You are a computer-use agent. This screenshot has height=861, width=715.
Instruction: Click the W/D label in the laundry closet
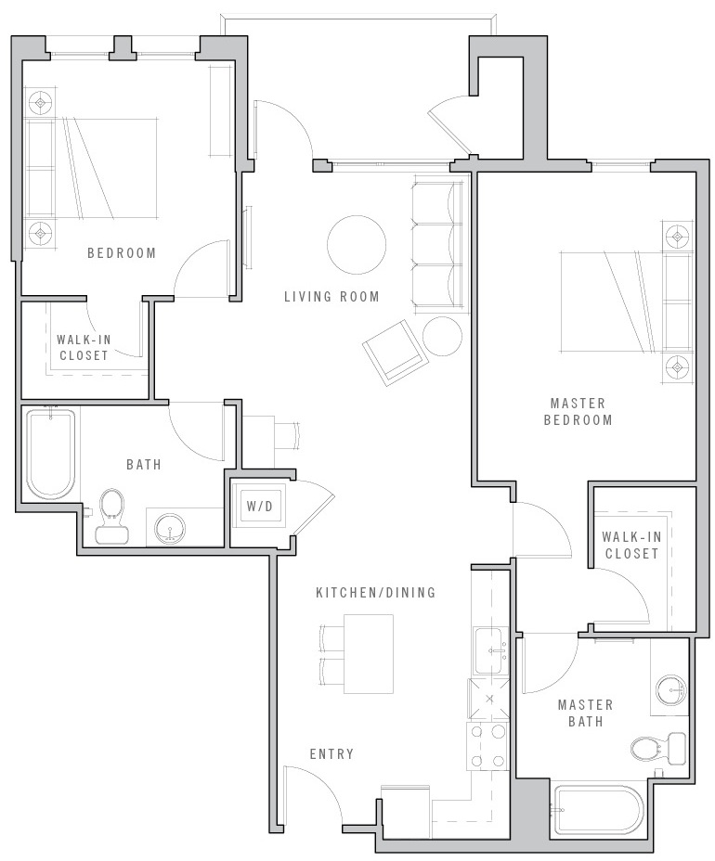[259, 507]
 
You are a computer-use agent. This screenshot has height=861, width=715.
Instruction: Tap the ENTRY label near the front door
[331, 754]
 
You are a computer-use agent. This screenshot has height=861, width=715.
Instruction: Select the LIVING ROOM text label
[331, 297]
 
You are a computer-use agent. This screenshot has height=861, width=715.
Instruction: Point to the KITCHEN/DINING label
[375, 593]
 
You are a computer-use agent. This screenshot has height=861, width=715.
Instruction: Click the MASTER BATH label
[585, 713]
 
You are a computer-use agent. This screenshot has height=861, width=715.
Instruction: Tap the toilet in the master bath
[657, 748]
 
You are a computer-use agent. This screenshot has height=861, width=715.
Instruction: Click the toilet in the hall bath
[111, 517]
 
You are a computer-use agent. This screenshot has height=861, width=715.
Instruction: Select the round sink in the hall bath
[170, 530]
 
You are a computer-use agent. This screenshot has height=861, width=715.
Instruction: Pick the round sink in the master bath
[671, 689]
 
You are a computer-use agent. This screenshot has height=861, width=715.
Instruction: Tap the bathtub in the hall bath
[50, 454]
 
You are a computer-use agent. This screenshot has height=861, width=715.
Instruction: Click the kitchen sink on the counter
[492, 651]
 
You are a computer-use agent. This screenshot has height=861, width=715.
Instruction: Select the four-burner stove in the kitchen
[487, 746]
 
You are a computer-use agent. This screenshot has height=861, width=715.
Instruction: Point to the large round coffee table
[357, 244]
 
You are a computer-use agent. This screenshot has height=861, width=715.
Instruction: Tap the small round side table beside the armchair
[442, 336]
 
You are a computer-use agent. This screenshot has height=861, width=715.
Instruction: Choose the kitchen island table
[369, 654]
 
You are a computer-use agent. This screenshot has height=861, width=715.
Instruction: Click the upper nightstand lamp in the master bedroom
[678, 237]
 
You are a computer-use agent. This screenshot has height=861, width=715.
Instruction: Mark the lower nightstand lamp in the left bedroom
[40, 234]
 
